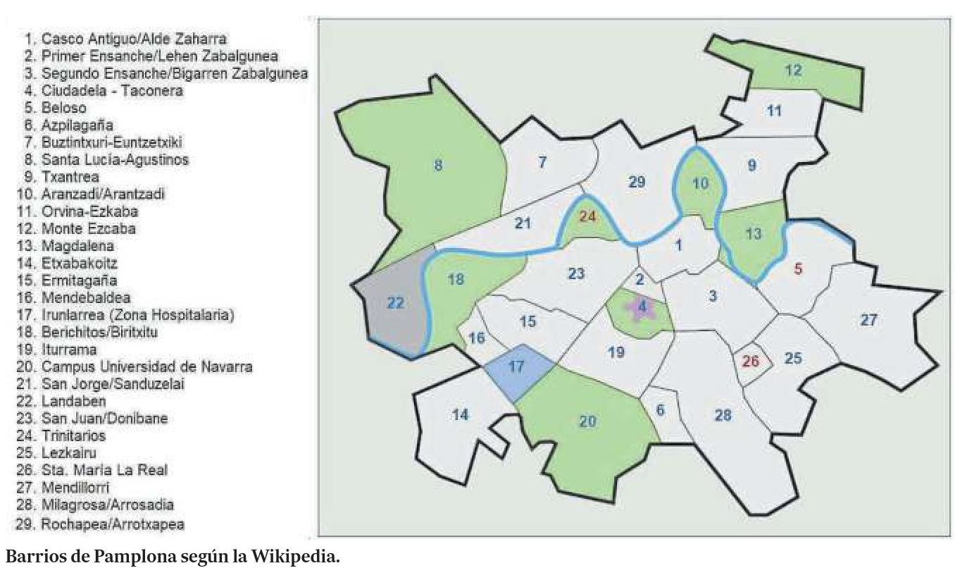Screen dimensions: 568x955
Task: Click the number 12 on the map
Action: tap(793, 70)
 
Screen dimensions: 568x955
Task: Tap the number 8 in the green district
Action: tap(437, 166)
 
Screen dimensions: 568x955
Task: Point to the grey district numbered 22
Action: tap(396, 303)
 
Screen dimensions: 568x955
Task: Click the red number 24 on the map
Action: tap(587, 216)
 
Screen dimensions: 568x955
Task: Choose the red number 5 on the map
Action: tap(798, 268)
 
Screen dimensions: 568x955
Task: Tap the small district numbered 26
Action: tap(751, 362)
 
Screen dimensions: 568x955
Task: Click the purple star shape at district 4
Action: tap(642, 308)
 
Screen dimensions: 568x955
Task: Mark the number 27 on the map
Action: tap(868, 320)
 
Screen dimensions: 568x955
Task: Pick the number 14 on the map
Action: tap(460, 414)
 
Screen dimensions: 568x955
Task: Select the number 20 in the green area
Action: tap(587, 421)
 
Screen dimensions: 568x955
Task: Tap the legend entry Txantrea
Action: tap(70, 177)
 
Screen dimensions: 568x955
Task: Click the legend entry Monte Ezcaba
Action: tap(88, 228)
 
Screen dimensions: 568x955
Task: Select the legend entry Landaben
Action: tap(73, 401)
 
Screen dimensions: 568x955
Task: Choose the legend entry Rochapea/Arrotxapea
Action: tap(113, 524)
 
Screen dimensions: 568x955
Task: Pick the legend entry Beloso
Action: tap(64, 108)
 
